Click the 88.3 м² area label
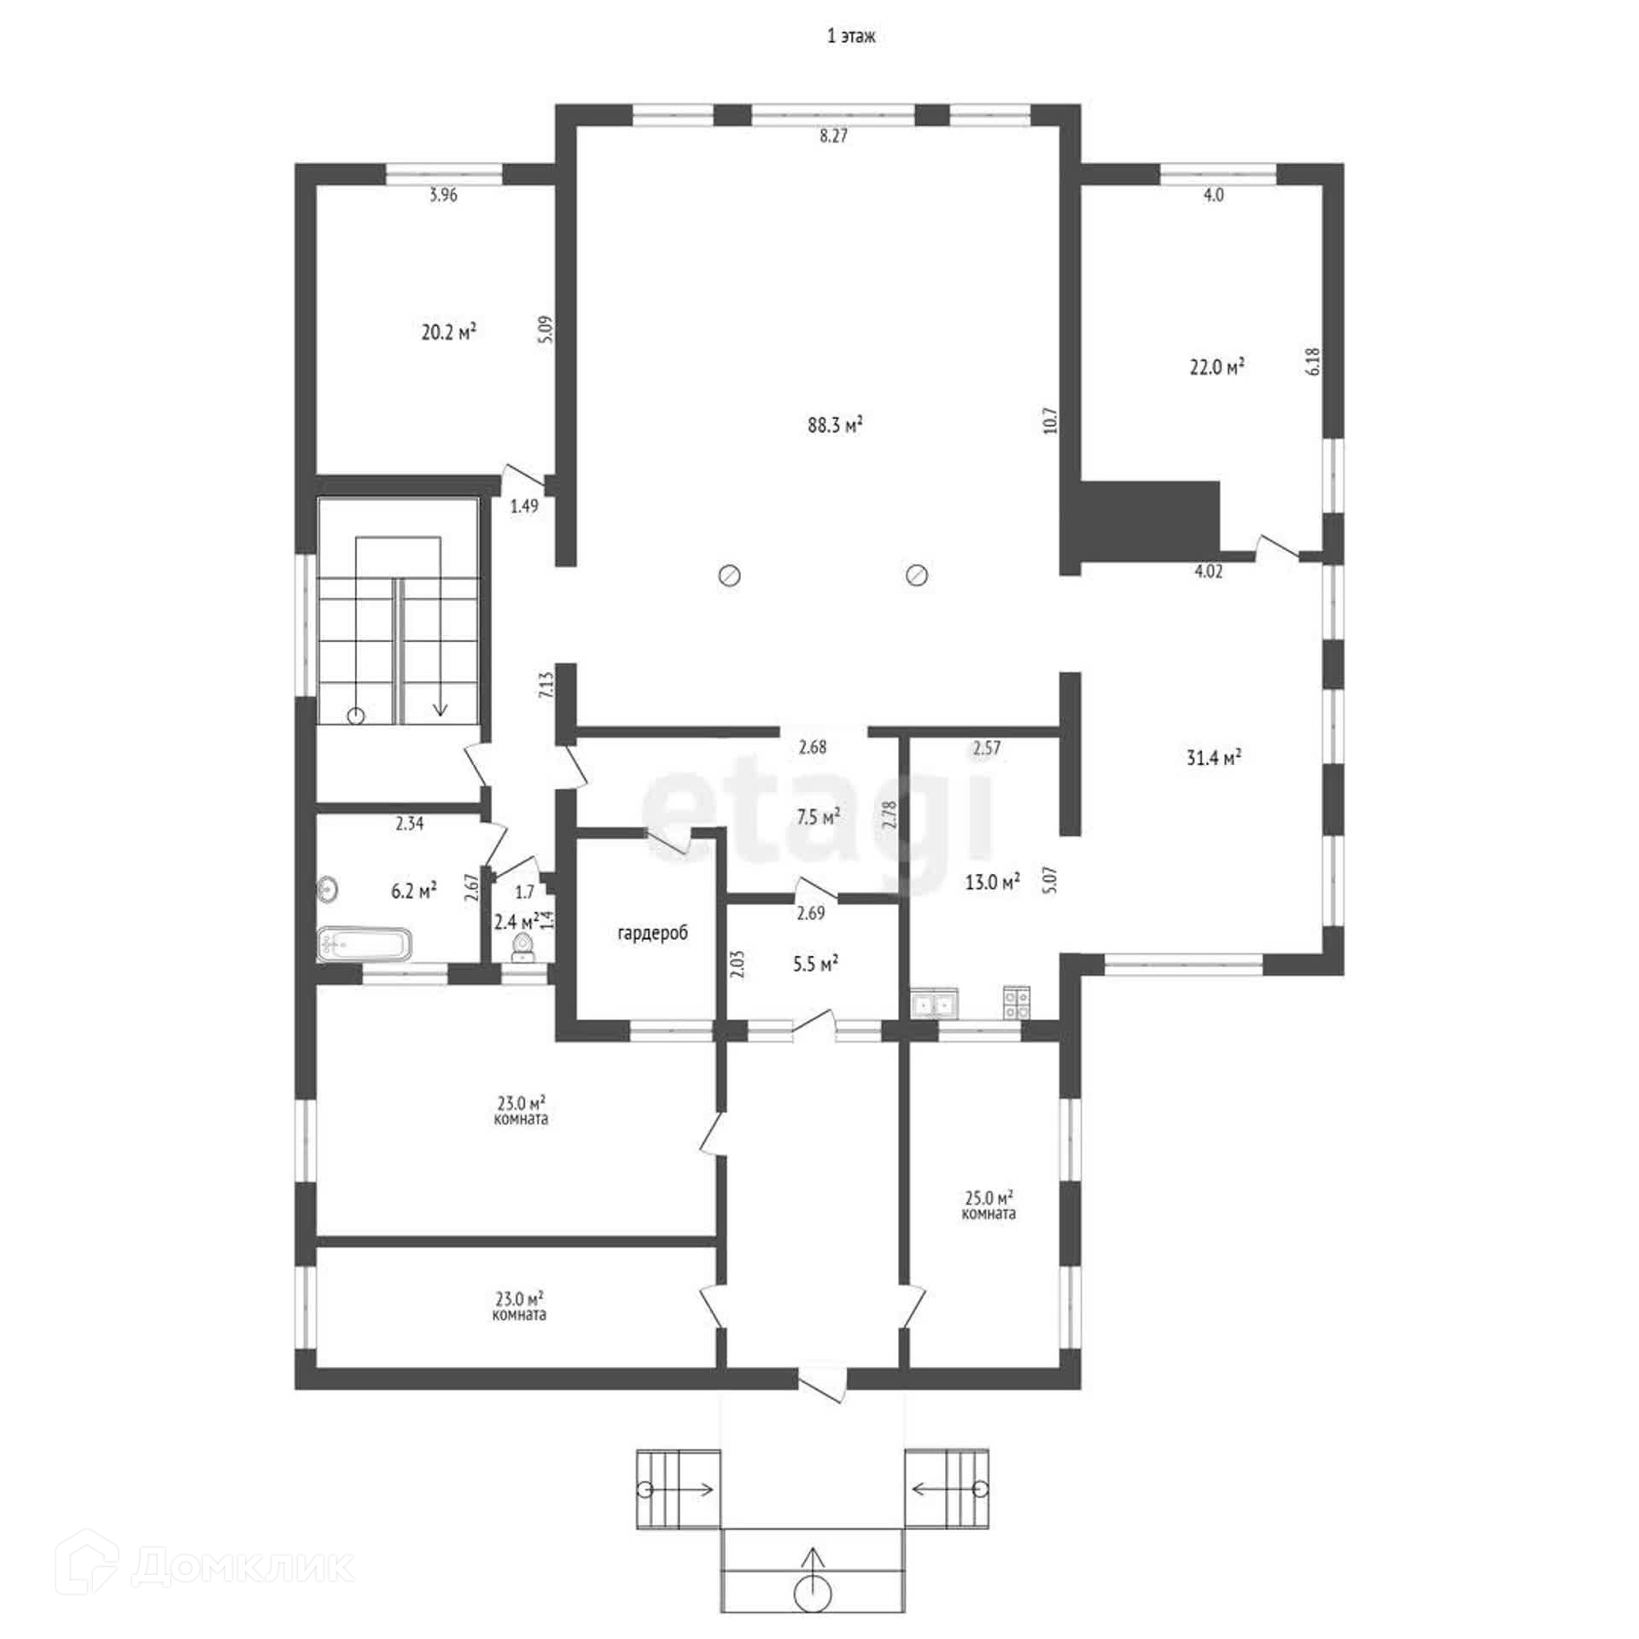click(x=835, y=424)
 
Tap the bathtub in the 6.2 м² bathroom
click(x=365, y=944)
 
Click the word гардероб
click(x=652, y=933)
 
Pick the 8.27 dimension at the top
click(x=833, y=135)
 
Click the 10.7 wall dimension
click(x=1050, y=420)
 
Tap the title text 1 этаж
click(x=851, y=37)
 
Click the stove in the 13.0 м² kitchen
click(x=1017, y=1002)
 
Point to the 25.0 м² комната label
click(x=989, y=1204)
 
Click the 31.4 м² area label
click(x=1213, y=757)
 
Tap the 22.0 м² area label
click(x=1216, y=367)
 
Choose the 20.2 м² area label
click(x=448, y=332)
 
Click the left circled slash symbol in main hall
click(x=729, y=575)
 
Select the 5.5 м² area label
click(x=815, y=965)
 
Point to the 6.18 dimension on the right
click(x=1314, y=360)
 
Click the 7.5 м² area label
click(x=818, y=817)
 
